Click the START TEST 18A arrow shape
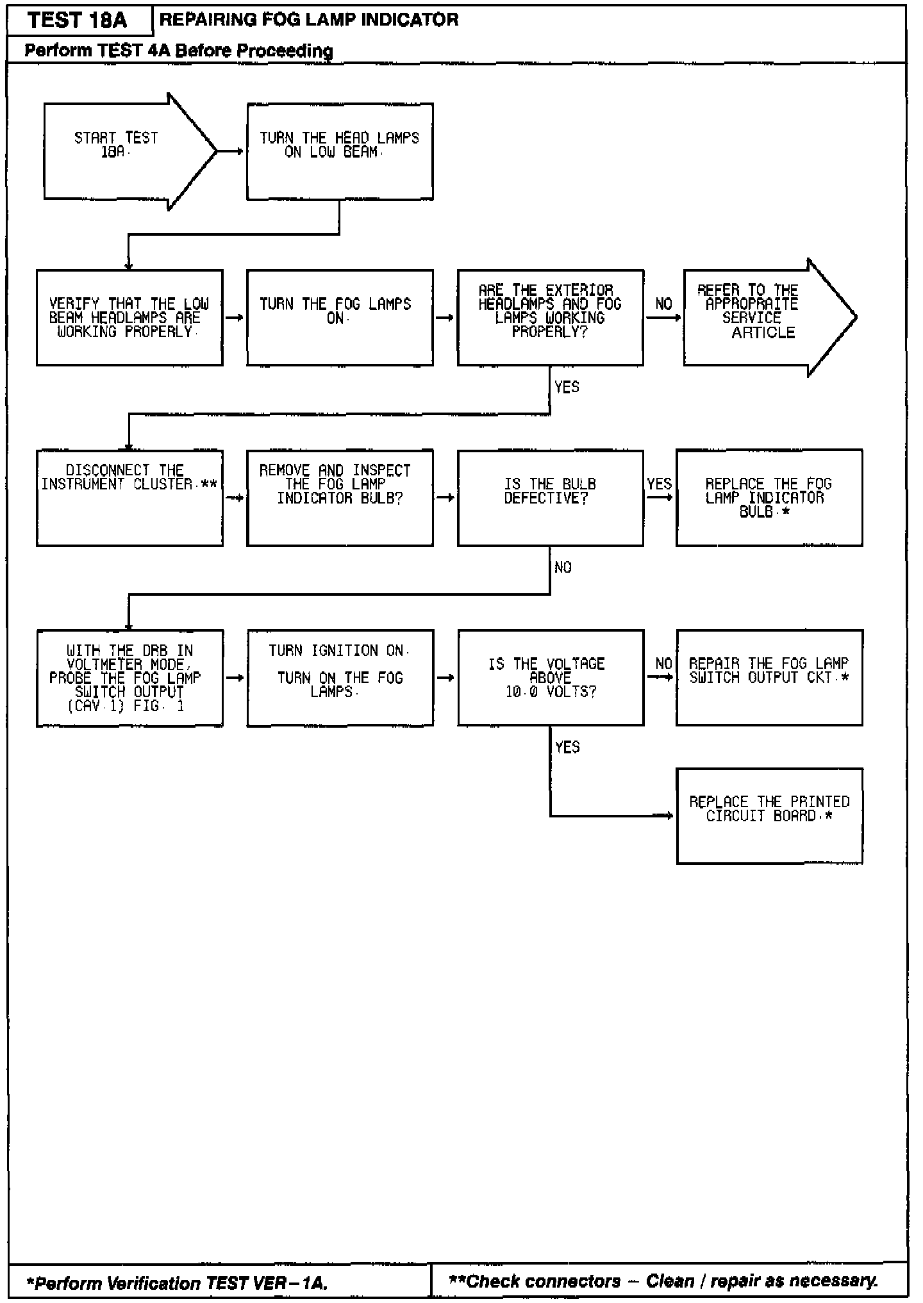coord(122,152)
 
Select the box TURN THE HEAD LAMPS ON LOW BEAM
coord(340,152)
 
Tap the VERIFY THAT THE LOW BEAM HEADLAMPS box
coord(129,318)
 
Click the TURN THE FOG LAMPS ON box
coord(340,318)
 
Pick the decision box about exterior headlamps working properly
coord(550,318)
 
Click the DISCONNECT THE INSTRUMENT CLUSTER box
coord(129,498)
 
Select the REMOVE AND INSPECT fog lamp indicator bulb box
coord(340,498)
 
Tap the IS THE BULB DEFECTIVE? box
coord(550,498)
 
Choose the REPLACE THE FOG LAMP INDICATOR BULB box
coord(769,498)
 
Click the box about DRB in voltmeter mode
coord(129,678)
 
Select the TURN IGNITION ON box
coord(340,678)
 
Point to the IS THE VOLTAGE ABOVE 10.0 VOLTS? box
coord(550,678)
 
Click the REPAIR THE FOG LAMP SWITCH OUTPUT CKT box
coord(769,678)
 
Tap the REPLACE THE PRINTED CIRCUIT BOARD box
coord(769,815)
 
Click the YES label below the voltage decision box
coord(567,747)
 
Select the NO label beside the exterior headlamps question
coord(663,304)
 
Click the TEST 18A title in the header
coord(78,20)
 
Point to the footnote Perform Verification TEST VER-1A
coord(177,1283)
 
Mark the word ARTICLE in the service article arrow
coord(763,332)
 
